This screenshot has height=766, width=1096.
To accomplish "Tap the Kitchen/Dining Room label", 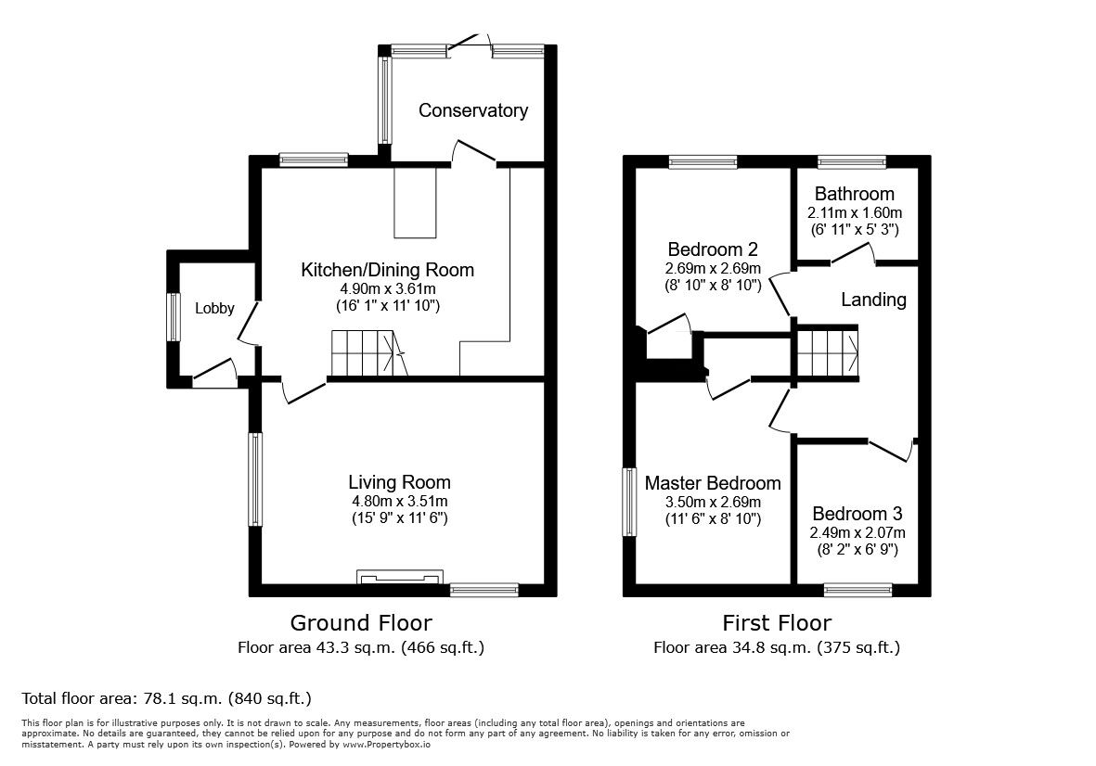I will click(387, 270).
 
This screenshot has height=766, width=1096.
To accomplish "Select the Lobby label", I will click(214, 309).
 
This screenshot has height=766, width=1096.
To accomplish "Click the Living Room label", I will click(399, 482).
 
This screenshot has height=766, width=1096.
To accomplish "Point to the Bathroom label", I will click(854, 194).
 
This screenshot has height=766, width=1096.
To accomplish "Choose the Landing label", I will click(873, 300).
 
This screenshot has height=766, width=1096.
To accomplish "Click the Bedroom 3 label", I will click(857, 514).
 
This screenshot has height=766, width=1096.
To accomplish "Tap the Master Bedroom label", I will click(713, 483).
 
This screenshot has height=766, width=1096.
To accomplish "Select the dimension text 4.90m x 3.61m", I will click(387, 288).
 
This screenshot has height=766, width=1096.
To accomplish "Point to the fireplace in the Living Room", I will click(398, 578).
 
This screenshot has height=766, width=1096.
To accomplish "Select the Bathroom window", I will click(852, 162).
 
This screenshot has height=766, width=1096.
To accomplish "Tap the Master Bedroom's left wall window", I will click(629, 501).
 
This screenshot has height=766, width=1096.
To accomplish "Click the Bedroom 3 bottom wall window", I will click(858, 589).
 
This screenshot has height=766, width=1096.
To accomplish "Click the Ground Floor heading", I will click(361, 622).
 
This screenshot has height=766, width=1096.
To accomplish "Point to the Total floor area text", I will click(166, 698).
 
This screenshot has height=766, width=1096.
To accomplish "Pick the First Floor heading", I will click(777, 622).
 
